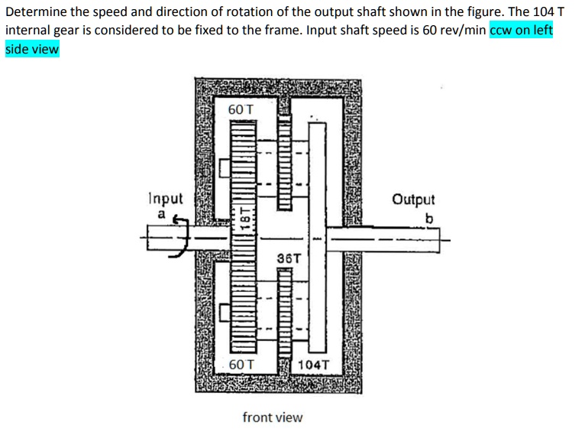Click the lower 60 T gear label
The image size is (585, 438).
click(x=241, y=365)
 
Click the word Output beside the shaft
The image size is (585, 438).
click(x=413, y=200)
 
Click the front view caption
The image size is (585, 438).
click(x=272, y=417)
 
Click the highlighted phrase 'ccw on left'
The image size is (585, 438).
click(x=521, y=31)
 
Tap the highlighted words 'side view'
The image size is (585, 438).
click(x=32, y=49)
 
